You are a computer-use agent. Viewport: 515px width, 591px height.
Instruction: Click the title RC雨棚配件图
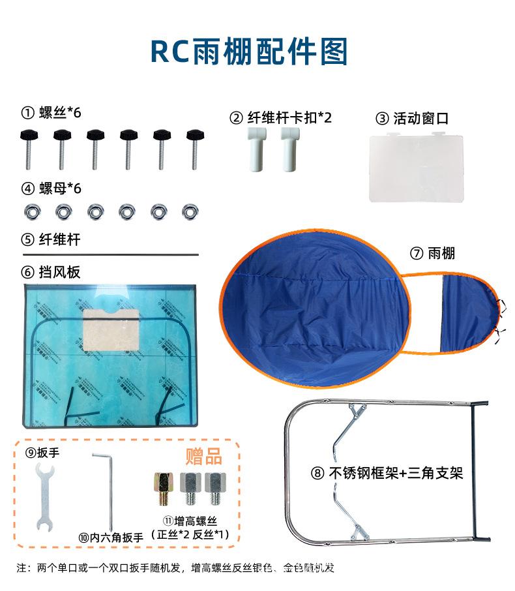point(248,52)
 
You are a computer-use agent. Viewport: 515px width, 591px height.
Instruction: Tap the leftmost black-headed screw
point(29,149)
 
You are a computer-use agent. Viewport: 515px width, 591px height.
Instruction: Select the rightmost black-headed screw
point(195,149)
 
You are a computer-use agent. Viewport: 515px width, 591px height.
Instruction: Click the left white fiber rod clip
point(257,149)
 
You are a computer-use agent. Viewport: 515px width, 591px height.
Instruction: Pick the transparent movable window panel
point(417,167)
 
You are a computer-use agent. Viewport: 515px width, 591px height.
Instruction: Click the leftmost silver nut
point(33,212)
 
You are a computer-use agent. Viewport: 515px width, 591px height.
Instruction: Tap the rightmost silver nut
point(190,212)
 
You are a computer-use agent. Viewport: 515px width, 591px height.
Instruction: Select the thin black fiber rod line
point(110,255)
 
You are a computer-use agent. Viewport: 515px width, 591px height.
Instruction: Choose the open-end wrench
point(45,497)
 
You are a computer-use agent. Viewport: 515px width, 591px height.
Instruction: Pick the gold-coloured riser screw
point(164,489)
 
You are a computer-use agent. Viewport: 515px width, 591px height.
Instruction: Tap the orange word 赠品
point(203,456)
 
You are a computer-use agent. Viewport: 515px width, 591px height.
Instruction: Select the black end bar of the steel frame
point(475,471)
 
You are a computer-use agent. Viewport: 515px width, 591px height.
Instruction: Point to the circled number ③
point(382,118)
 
